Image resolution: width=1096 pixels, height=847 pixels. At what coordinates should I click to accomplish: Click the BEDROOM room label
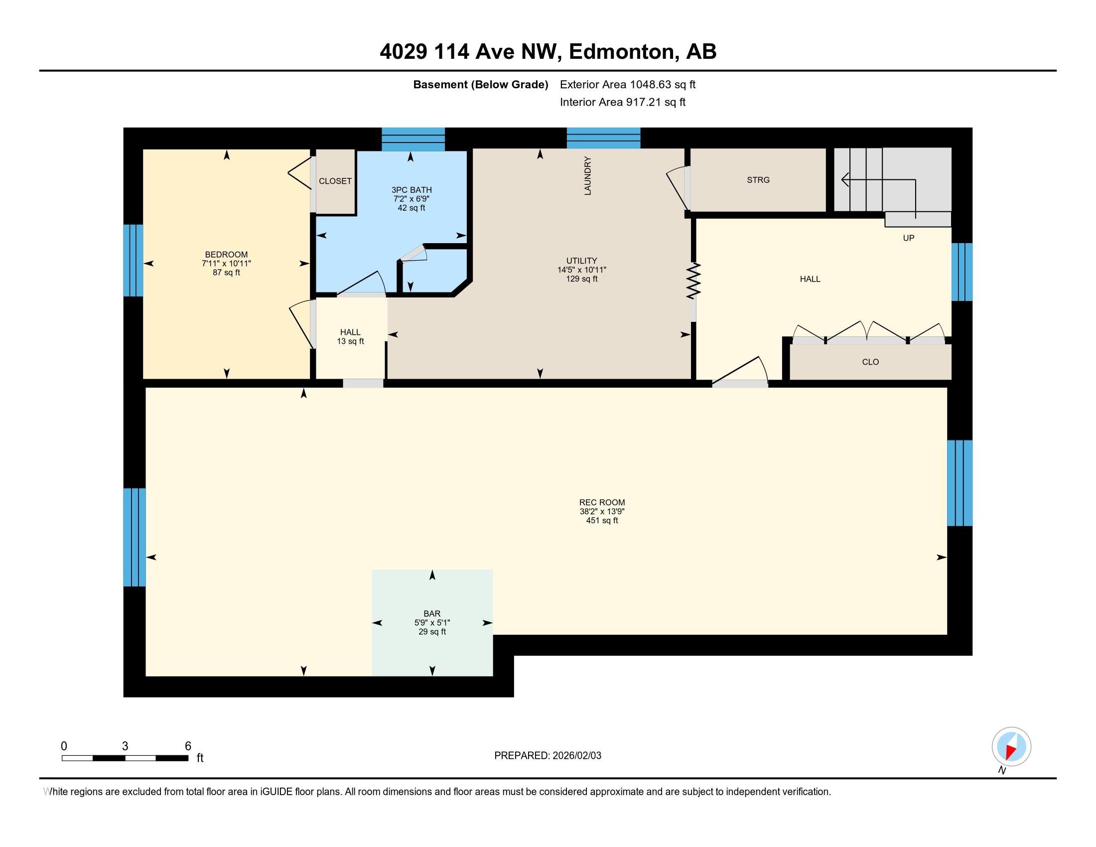click(x=226, y=255)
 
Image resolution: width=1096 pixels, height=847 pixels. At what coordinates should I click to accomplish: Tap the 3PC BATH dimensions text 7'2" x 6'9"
click(x=411, y=199)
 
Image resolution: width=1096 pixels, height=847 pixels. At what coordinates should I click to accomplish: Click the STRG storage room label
click(x=758, y=180)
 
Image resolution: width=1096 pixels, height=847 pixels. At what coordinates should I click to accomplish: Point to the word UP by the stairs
click(x=908, y=238)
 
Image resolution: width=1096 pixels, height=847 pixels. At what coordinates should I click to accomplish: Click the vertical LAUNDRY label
click(x=588, y=175)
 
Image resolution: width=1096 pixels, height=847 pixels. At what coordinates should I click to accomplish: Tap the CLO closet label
click(x=870, y=362)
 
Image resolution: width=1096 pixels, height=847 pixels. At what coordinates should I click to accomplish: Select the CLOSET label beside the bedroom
click(x=335, y=181)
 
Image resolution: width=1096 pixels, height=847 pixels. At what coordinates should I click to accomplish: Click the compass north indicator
click(x=1011, y=747)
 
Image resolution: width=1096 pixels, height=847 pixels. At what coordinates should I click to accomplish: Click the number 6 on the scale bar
click(x=188, y=746)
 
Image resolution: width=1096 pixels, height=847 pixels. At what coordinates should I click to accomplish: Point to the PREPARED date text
click(x=548, y=756)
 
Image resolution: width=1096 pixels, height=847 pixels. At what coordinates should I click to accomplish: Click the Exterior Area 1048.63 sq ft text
click(x=627, y=85)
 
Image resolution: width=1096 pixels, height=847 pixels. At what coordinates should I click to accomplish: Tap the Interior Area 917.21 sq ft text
click(x=622, y=102)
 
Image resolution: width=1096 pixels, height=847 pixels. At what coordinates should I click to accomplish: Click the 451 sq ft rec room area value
click(x=602, y=520)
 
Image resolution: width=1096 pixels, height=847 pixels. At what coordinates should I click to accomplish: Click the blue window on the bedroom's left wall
click(x=133, y=260)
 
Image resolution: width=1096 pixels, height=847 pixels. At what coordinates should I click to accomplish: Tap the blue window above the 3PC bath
click(x=413, y=139)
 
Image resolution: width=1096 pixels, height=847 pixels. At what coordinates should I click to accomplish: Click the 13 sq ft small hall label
click(x=350, y=341)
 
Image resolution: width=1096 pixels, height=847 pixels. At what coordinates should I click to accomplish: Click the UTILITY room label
click(x=581, y=261)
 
